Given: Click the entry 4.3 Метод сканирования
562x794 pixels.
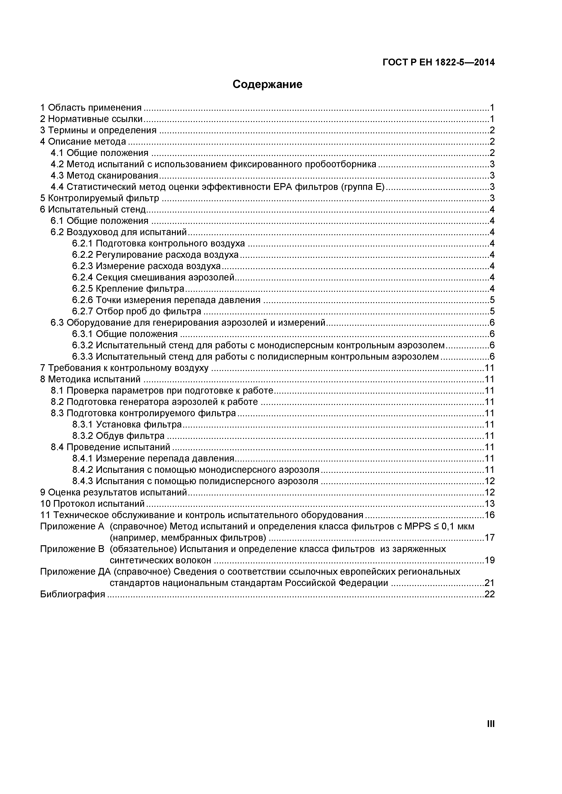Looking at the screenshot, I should [x=104, y=176].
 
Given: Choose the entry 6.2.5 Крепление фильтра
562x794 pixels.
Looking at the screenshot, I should [x=128, y=288].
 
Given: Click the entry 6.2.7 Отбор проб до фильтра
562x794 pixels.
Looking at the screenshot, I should [x=136, y=311].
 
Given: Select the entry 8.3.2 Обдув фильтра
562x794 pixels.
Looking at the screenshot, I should [x=118, y=436].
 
